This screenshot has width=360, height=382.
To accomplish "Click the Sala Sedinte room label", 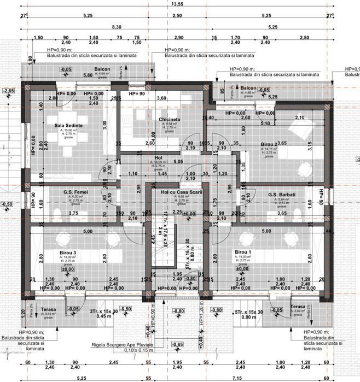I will click(x=68, y=125).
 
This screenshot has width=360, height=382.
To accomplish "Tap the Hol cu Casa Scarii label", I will click(x=178, y=193).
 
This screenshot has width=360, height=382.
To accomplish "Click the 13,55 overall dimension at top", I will click(x=177, y=4).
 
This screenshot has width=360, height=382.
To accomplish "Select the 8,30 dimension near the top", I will click(x=116, y=27).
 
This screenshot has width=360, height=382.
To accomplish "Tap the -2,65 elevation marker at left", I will click(x=8, y=90).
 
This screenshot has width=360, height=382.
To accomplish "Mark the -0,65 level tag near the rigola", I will click(x=177, y=345).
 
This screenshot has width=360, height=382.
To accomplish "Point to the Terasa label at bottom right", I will click(x=299, y=307).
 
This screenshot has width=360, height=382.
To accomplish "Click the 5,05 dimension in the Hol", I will click(x=178, y=162).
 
